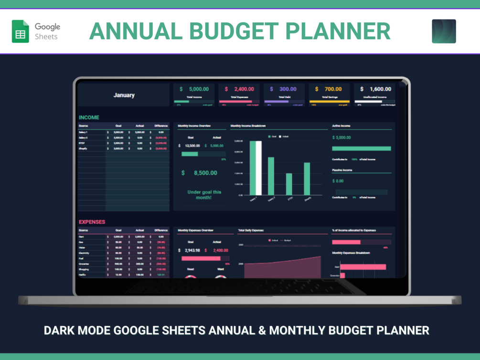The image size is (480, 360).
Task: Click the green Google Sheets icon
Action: [x=21, y=32]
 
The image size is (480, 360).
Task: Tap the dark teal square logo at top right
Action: [x=444, y=32]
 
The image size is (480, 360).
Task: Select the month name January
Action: [x=124, y=95]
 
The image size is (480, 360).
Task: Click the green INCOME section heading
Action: [x=89, y=117]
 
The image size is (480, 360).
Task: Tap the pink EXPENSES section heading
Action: [x=92, y=222]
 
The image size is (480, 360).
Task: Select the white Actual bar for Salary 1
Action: [x=258, y=168]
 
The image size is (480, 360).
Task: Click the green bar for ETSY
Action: [x=289, y=184]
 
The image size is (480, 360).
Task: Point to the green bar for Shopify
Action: [x=307, y=179]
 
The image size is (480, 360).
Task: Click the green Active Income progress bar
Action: [x=362, y=148]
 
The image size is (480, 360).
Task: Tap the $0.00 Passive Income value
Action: [x=338, y=181]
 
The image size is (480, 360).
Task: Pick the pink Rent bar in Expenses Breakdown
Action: [x=363, y=267]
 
